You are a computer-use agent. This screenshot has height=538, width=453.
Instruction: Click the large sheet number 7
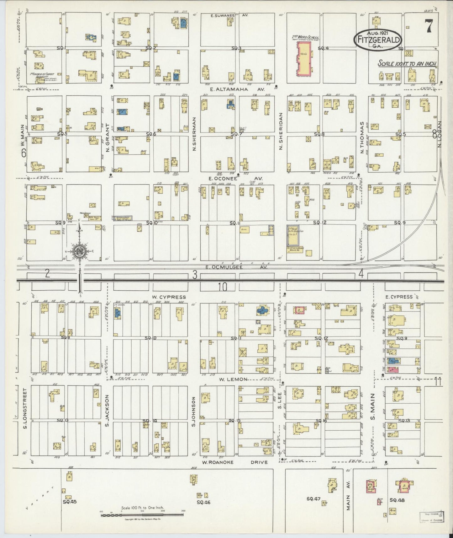tap(428, 26)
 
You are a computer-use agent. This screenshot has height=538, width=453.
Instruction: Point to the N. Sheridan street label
tap(281, 131)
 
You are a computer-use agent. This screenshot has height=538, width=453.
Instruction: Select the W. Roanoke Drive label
tap(235, 462)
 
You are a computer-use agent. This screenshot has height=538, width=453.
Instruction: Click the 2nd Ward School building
tap(304, 59)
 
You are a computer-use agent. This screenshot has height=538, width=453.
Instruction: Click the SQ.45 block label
tap(70, 501)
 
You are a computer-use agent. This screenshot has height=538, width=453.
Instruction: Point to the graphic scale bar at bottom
tap(142, 514)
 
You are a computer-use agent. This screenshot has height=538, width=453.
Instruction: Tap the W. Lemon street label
tap(233, 379)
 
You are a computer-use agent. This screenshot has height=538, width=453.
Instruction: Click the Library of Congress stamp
tap(431, 516)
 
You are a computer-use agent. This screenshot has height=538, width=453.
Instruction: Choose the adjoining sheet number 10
tap(223, 286)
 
